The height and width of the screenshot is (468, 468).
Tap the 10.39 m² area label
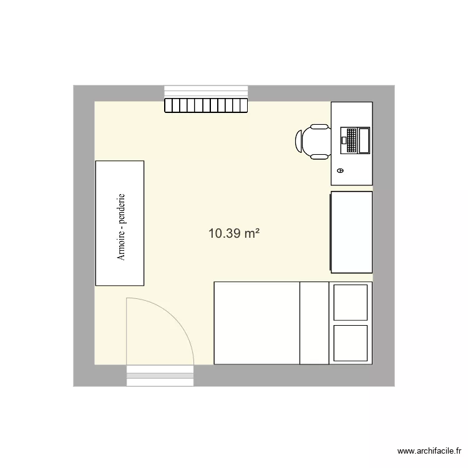234,234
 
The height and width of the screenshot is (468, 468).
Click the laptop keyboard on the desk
351,140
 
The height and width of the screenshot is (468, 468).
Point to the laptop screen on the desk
364,140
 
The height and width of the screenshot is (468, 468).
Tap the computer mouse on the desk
340,170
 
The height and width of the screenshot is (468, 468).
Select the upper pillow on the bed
350,302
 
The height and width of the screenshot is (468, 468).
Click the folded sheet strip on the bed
314,323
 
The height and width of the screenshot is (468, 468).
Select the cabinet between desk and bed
351,232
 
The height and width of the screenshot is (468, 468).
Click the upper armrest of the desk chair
319,127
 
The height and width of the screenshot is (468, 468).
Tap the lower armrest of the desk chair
319,156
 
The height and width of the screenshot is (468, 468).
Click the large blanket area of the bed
256,323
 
